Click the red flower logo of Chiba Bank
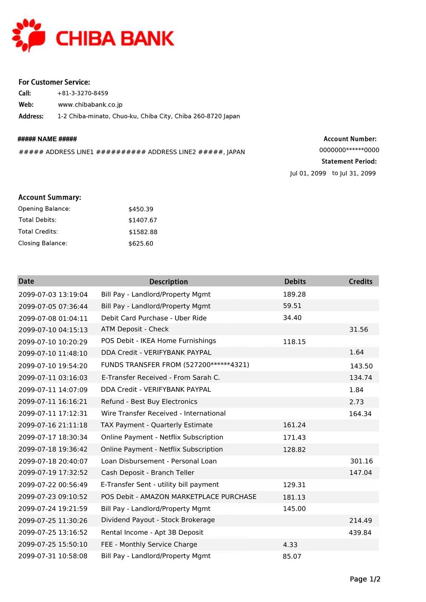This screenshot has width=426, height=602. tap(29, 35)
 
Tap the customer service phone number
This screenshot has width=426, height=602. tap(83, 93)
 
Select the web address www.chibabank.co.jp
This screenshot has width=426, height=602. tap(90, 105)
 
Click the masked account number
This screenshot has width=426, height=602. tap(349, 150)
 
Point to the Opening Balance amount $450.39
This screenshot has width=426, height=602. tap(141, 209)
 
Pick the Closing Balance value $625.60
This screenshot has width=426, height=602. tap(141, 244)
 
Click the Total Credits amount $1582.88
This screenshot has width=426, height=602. tap(143, 232)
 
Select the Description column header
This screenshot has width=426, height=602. tap(168, 281)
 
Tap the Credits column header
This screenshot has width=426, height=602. tap(360, 281)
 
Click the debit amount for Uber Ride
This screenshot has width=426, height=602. tap(292, 318)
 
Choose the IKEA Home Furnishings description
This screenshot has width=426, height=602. tap(158, 341)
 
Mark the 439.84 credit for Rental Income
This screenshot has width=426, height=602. tap(360, 533)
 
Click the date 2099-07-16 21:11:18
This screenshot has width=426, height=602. tap(53, 425)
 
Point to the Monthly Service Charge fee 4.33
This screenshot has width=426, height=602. tap(290, 545)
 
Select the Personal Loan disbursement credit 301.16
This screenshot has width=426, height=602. tap(361, 461)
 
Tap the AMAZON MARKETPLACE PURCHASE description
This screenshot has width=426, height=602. tap(178, 496)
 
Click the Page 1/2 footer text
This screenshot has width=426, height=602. tap(365, 579)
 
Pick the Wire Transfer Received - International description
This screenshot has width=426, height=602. tap(163, 413)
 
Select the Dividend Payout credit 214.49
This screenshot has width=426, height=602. tap(360, 520)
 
